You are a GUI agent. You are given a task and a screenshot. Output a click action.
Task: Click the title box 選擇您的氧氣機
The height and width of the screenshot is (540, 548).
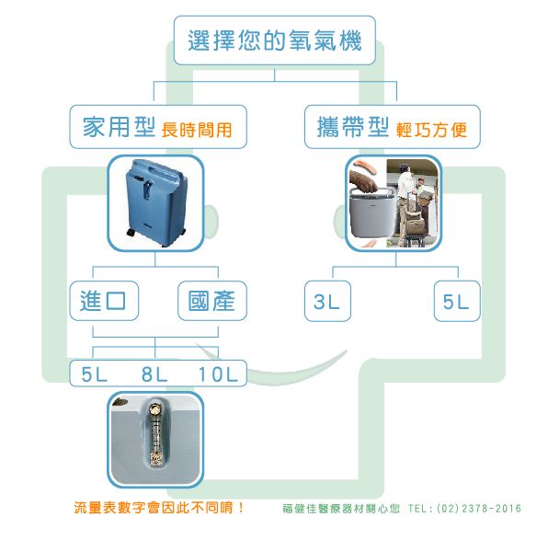point(274,40)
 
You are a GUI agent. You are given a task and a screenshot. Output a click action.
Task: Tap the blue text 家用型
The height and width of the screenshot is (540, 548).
point(119,127)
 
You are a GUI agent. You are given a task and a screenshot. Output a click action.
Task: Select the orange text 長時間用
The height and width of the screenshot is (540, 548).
point(197,130)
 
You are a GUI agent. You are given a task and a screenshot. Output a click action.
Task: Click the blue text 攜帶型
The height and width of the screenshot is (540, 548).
point(353,127)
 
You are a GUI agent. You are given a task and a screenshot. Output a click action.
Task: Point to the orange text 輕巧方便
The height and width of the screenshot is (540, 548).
point(431,130)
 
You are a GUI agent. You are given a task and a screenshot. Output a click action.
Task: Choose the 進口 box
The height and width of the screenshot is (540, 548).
point(104,301)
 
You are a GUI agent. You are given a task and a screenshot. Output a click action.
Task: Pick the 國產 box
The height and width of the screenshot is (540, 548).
point(212,301)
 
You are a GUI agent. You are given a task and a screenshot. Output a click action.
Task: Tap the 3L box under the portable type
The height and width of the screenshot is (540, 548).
point(327,301)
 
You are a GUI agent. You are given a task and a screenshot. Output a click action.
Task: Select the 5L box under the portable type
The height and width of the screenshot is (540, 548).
point(457,301)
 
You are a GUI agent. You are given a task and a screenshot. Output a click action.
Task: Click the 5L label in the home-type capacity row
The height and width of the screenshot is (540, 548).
point(94,373)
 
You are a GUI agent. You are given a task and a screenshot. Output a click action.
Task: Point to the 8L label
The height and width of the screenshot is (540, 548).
point(154,373)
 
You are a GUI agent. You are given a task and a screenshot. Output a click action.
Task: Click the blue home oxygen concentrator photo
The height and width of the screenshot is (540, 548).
point(155,203)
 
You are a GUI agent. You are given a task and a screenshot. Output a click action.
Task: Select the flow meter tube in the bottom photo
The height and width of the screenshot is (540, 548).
point(154,435)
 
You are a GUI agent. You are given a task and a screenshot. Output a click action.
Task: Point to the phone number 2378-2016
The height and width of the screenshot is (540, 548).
point(491,508)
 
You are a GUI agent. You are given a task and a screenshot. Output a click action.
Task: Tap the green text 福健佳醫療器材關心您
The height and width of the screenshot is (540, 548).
point(341,508)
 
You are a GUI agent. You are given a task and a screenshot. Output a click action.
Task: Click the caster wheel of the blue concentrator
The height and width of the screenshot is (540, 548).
point(131,233)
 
